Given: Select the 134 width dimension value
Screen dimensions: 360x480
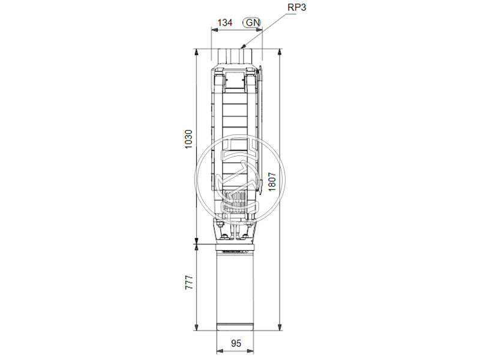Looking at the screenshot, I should click(x=224, y=23).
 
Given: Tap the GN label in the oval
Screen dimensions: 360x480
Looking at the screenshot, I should click(x=252, y=23).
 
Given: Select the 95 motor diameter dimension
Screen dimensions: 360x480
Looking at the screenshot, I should click(x=235, y=344).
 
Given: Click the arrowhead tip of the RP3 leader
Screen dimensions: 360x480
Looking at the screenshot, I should click(x=242, y=47).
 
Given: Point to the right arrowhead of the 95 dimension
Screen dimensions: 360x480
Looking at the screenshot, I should click(x=253, y=351).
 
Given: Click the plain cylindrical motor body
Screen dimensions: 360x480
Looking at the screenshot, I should click(x=236, y=288).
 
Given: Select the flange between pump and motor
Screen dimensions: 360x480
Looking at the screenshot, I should click(x=236, y=245).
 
